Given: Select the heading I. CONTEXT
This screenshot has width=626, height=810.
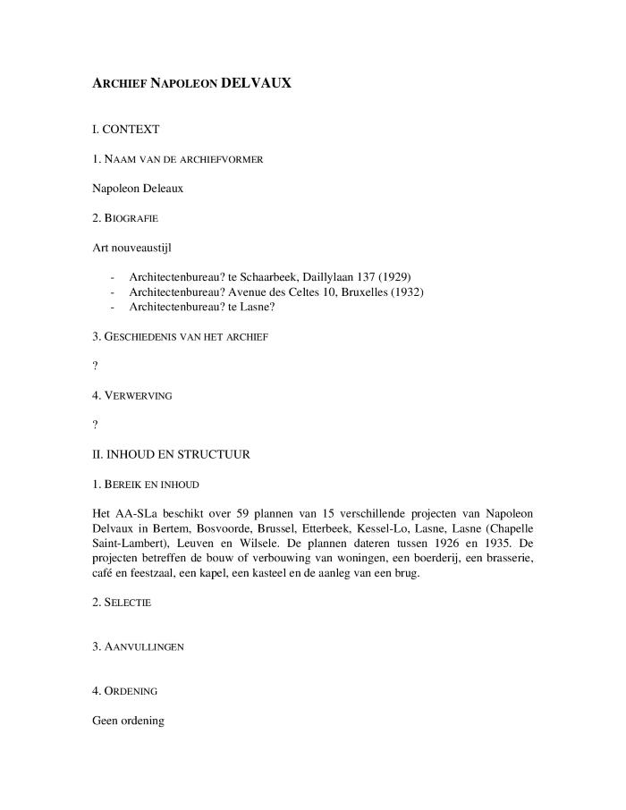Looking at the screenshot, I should pos(126,130).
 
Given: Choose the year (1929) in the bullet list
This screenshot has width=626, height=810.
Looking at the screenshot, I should pos(393,276).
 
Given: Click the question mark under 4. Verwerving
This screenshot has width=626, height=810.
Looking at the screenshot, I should pos(96,424).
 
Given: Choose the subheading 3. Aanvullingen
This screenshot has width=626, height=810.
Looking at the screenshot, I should pos(139,645).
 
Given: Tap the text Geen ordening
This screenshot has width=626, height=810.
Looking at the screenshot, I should pos(129,720).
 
